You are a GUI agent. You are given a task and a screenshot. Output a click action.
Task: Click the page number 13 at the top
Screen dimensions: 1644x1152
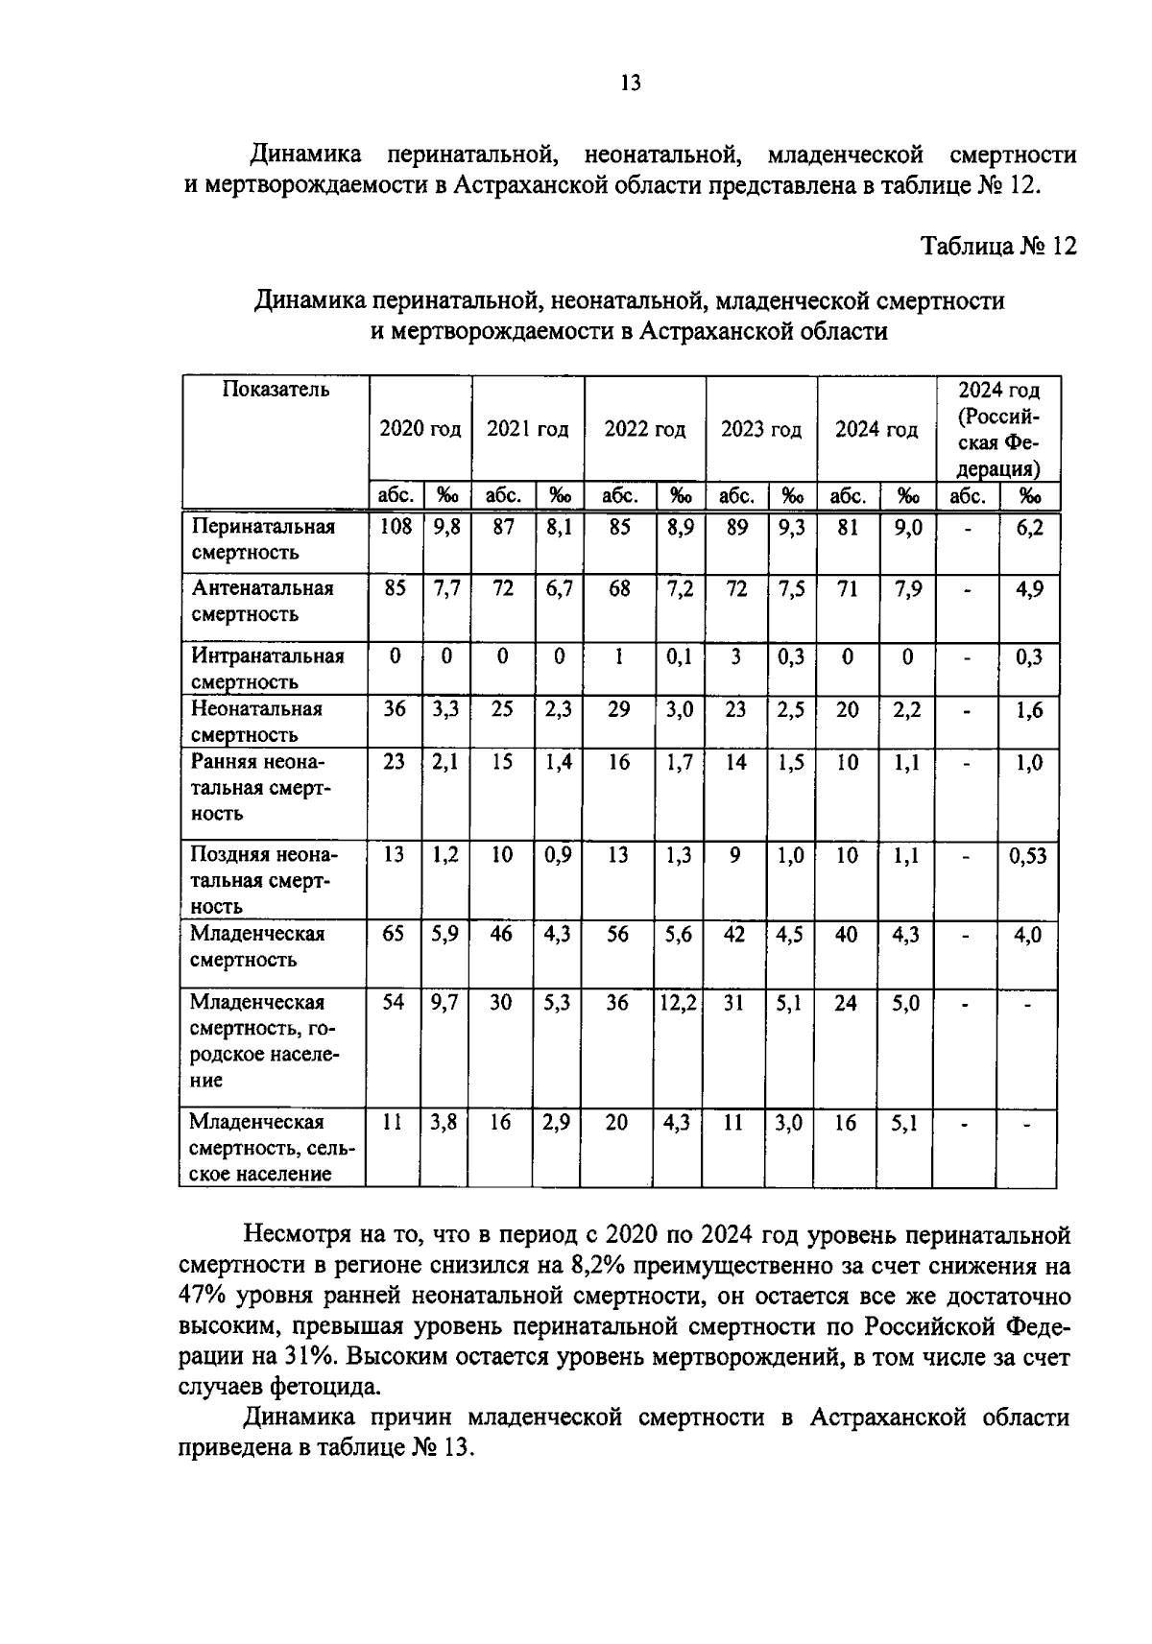pos(630,83)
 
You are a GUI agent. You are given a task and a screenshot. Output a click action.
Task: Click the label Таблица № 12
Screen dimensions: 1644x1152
pos(998,247)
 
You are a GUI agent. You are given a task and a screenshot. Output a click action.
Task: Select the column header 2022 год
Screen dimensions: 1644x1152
pos(644,429)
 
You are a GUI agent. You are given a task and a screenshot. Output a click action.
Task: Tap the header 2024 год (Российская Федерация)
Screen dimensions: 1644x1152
pos(997,429)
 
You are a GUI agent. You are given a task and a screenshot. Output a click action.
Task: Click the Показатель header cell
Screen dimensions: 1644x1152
pos(276,390)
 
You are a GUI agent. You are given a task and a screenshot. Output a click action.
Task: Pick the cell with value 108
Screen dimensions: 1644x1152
pos(395,526)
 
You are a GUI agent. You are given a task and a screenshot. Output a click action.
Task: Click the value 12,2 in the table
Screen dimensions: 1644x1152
pos(678,1002)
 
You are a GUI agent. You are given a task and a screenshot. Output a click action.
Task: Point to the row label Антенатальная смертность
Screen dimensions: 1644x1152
pos(262,601)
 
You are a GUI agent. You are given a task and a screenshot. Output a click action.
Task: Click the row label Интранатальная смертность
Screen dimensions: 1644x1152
pos(266,669)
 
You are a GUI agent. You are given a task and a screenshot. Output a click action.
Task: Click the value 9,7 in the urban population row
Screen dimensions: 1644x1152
pos(444,1002)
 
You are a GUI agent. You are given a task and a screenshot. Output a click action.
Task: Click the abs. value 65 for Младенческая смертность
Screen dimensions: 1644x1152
pos(394,934)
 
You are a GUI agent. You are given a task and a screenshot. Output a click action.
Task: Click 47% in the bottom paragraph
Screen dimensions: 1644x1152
pos(202,1296)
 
